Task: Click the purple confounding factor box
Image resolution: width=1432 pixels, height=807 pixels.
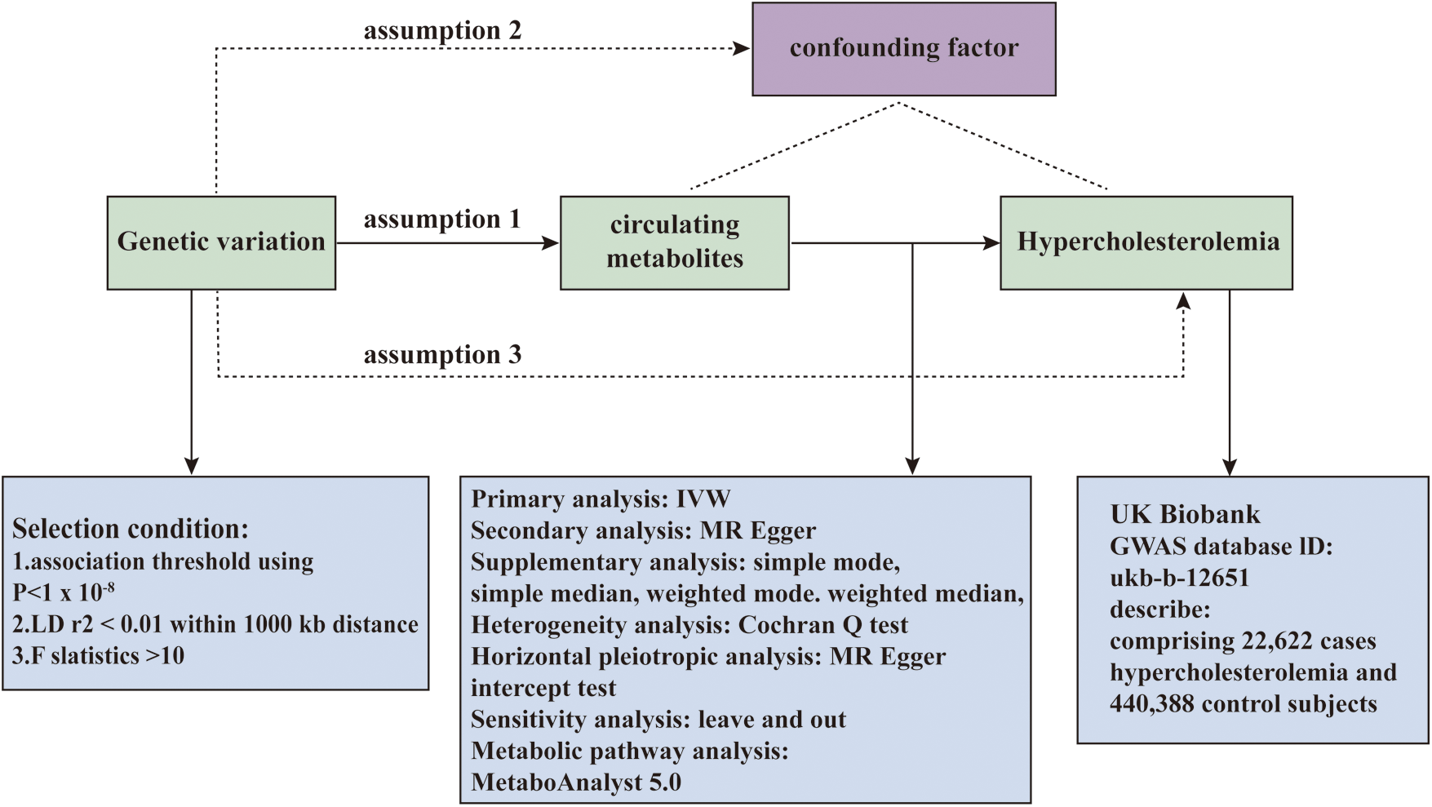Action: (x=903, y=49)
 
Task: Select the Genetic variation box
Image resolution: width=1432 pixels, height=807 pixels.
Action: (x=221, y=242)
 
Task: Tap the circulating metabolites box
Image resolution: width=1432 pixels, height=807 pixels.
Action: (x=674, y=242)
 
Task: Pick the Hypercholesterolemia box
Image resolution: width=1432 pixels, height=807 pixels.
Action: (x=1146, y=242)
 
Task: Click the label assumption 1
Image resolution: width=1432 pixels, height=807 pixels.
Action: (x=441, y=219)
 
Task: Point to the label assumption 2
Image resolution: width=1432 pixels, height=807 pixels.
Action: (x=441, y=31)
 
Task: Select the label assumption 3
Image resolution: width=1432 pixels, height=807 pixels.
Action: (x=441, y=355)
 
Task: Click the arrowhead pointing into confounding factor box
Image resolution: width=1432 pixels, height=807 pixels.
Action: (x=742, y=49)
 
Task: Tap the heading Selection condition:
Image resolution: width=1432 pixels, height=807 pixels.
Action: (x=131, y=529)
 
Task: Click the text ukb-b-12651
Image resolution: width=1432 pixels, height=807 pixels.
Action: (x=1179, y=578)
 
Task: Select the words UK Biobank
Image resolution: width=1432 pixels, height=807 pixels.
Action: (x=1185, y=514)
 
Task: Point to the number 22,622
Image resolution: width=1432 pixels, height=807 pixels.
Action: (x=1279, y=641)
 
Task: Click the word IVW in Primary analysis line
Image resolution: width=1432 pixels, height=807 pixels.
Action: (x=703, y=499)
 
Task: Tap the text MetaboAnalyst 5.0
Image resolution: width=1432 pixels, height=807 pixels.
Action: (x=576, y=783)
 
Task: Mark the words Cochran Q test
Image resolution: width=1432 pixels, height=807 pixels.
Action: (x=822, y=625)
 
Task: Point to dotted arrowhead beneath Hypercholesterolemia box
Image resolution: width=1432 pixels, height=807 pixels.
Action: (x=1183, y=301)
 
